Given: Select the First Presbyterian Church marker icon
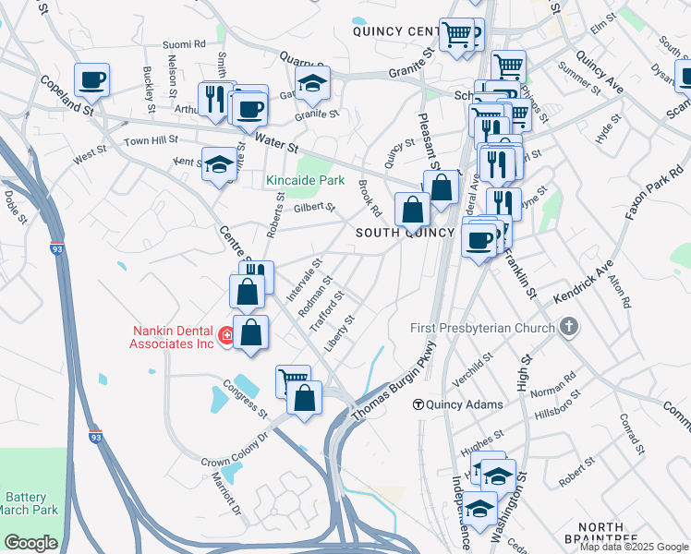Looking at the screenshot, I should [x=570, y=327].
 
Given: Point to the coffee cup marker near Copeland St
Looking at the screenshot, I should [x=91, y=80].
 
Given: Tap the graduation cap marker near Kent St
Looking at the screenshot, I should [x=219, y=164].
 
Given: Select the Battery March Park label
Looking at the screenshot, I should [x=31, y=502].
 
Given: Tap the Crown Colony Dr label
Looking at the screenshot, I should [x=234, y=448].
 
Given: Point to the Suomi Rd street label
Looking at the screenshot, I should [x=183, y=44].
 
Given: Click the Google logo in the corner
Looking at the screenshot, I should [x=30, y=543].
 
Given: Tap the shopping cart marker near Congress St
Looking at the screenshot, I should [x=293, y=379].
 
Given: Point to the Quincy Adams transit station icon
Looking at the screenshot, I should [x=418, y=404].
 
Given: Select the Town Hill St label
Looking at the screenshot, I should [x=151, y=141].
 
